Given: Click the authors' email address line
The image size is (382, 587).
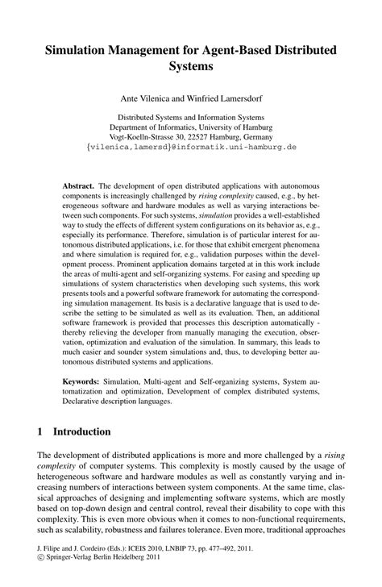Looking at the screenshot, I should [x=191, y=148].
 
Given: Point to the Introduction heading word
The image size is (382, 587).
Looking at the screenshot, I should [x=82, y=432].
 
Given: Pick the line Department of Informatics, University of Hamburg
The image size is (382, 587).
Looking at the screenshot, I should [x=191, y=126].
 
